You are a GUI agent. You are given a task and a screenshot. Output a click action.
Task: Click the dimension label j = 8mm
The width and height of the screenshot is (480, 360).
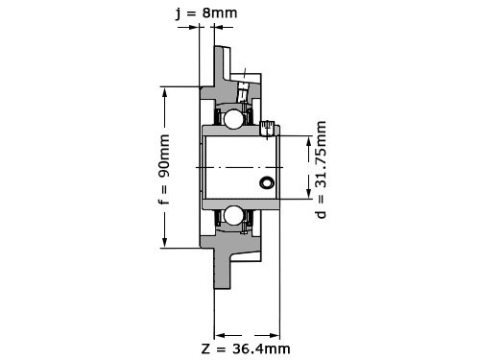coord(206,13)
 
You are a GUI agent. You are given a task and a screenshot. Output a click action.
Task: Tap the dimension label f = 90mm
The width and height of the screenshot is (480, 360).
coord(164,169)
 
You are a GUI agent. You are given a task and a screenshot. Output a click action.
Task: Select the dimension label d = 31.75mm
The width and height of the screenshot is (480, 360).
coord(321,170)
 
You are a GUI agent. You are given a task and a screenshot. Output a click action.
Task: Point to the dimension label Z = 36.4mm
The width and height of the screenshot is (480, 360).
coord(246,348)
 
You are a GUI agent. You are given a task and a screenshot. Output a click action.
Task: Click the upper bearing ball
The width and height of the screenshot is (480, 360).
coord(232,119)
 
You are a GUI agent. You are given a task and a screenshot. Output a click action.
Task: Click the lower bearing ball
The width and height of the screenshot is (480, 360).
coord(232,216)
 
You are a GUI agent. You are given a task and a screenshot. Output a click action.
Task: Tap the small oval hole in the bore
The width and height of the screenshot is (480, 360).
coord(267,182)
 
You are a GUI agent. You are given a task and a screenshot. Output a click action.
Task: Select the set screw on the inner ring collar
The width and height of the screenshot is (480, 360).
coord(268,129)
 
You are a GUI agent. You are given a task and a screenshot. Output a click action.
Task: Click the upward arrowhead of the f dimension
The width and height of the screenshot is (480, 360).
coord(165,92)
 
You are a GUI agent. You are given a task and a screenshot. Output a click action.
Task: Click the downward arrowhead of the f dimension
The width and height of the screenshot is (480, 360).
coord(165,242)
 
